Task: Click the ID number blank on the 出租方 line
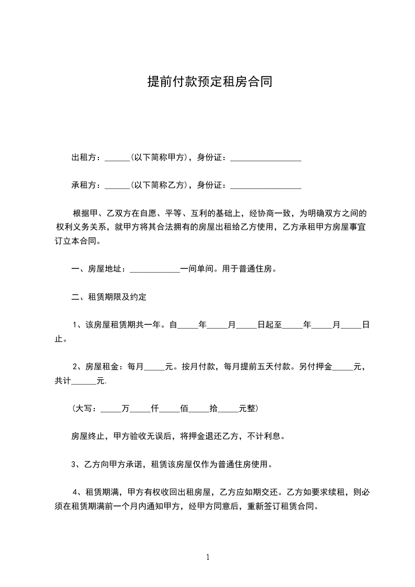(x=265, y=158)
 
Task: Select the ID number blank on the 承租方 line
(x=265, y=186)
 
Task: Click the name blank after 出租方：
(x=117, y=158)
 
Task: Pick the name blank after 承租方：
(x=117, y=186)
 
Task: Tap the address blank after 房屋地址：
(x=154, y=270)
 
